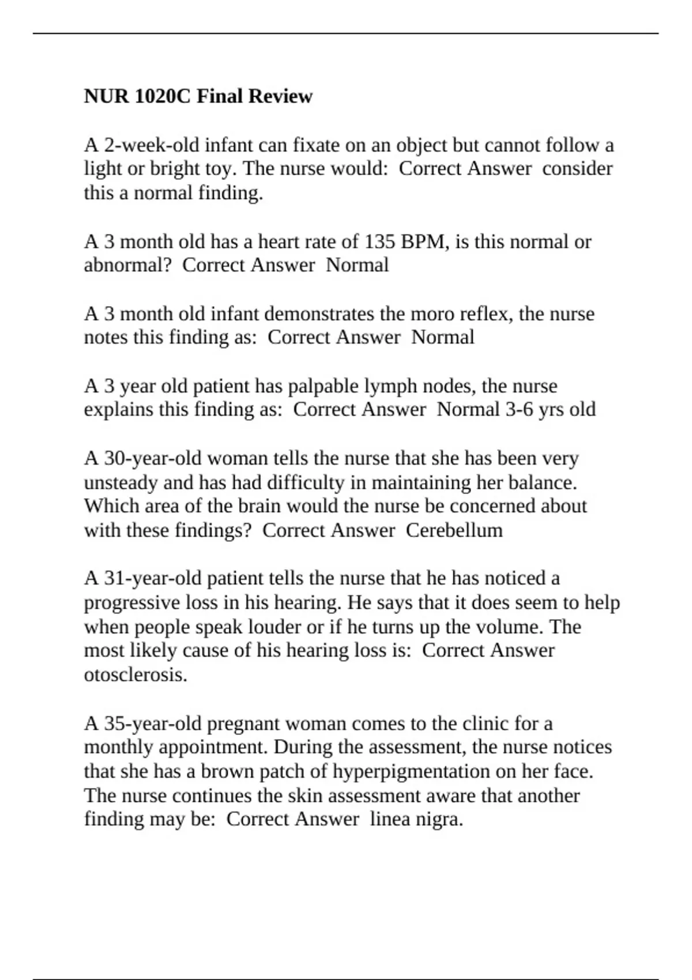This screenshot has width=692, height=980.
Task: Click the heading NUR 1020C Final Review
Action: pyautogui.click(x=198, y=96)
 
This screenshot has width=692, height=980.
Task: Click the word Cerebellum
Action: pyautogui.click(x=454, y=530)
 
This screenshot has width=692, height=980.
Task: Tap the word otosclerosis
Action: pyautogui.click(x=136, y=674)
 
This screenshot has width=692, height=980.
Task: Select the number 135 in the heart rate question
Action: pyautogui.click(x=379, y=242)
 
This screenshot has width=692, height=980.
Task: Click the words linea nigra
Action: pyautogui.click(x=416, y=819)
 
